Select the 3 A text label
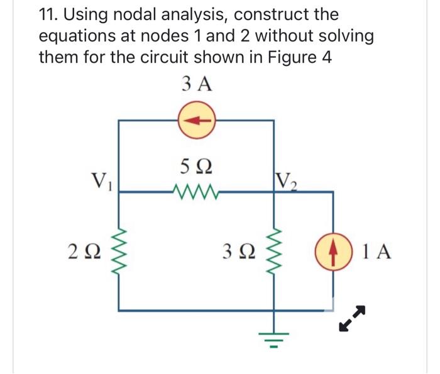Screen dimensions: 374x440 195,84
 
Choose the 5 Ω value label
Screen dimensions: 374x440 195,168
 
